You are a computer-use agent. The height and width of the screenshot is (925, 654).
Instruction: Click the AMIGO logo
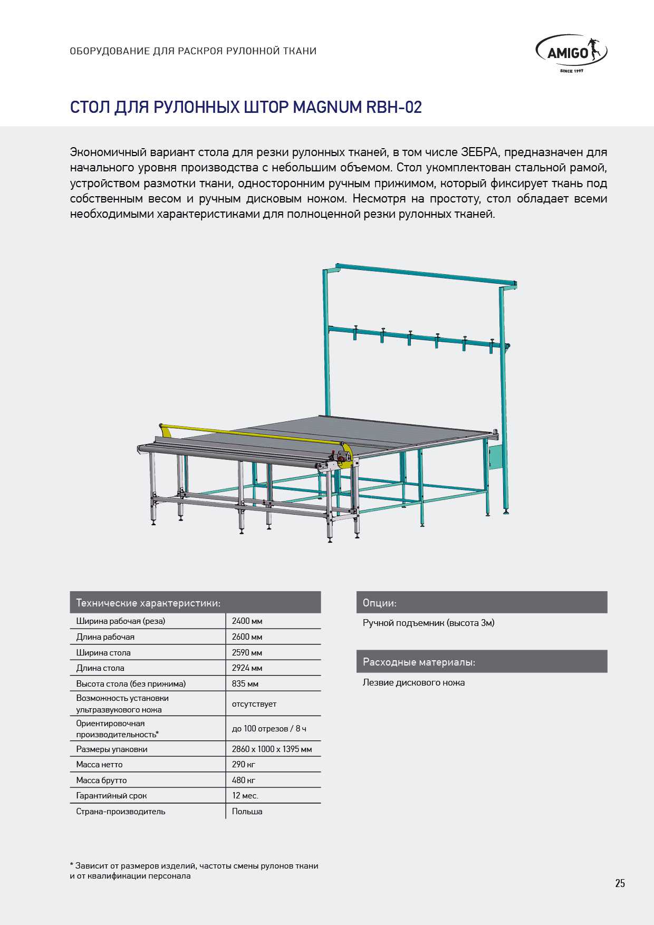click(571, 53)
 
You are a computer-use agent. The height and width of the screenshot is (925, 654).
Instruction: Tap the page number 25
click(620, 883)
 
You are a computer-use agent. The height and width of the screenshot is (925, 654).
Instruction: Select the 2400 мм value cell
click(247, 621)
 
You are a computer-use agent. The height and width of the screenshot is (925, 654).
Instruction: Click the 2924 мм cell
click(247, 668)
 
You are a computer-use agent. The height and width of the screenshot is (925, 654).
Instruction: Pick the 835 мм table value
click(245, 684)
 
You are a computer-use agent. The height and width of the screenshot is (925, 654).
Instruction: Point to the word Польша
click(247, 812)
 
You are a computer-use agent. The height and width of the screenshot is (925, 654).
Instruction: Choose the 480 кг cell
click(243, 781)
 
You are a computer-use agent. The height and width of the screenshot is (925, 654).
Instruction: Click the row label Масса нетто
click(99, 765)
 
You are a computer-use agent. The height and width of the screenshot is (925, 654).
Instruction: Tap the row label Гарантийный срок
click(111, 796)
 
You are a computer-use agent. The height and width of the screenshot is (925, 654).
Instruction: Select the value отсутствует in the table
click(254, 704)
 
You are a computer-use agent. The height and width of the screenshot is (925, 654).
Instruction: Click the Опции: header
click(380, 603)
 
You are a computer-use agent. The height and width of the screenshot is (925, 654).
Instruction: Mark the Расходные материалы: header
click(419, 662)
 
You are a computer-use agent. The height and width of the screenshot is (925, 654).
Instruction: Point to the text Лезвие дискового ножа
click(413, 683)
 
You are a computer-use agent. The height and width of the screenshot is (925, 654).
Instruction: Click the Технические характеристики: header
click(148, 603)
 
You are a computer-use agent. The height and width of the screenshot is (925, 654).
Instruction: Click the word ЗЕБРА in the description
click(479, 152)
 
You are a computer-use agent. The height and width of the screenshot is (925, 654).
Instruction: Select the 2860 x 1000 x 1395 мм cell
click(272, 749)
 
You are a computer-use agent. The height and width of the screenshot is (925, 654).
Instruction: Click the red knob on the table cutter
click(341, 459)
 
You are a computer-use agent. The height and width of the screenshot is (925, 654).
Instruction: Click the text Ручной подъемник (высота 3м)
click(428, 623)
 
